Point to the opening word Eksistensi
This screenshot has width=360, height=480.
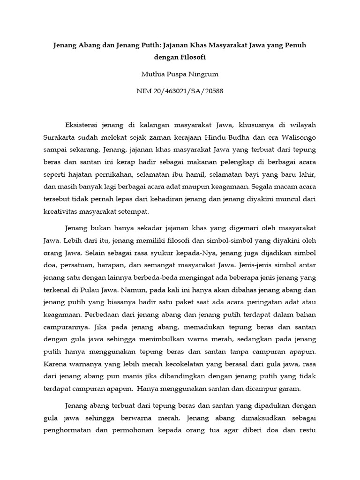point(83,125)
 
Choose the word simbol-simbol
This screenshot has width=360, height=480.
point(229,241)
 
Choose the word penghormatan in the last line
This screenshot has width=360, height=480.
point(72,430)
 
